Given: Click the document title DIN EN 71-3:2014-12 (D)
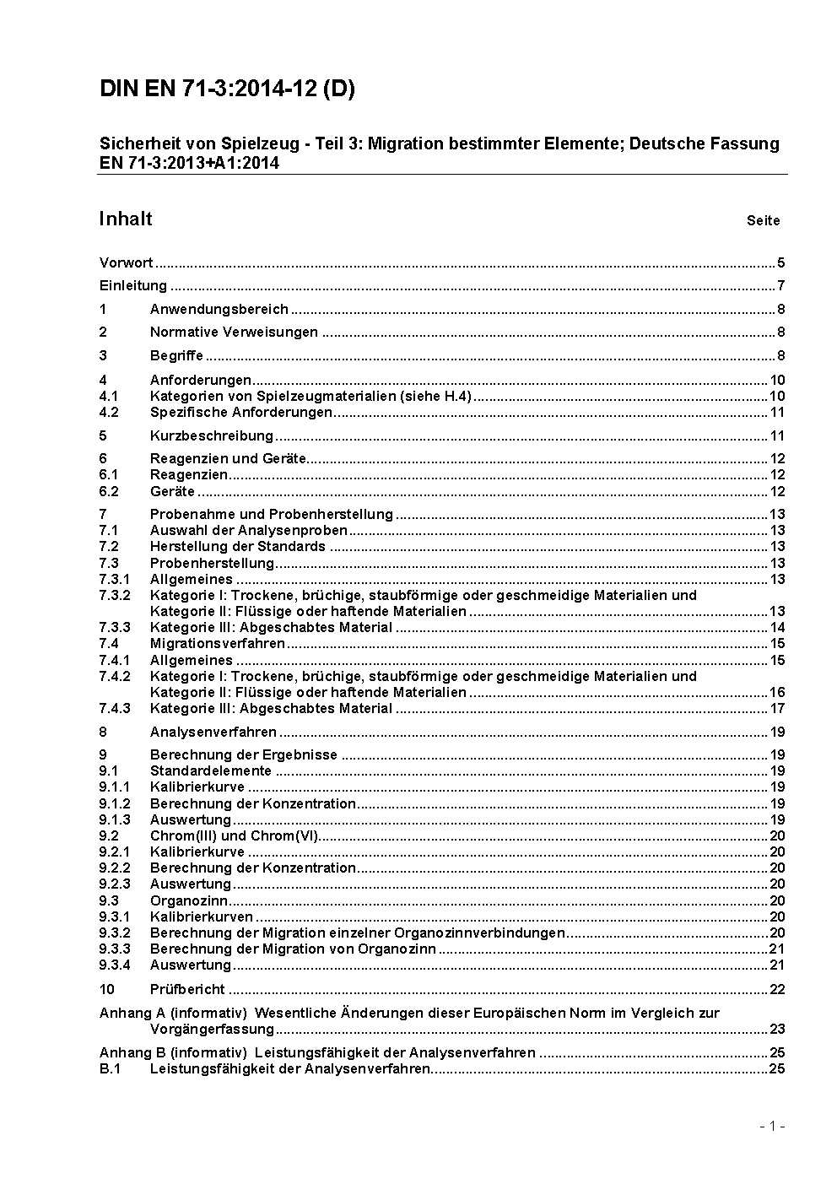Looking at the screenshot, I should pyautogui.click(x=227, y=89).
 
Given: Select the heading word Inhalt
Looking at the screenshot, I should pyautogui.click(x=126, y=219).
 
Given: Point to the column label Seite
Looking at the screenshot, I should pyautogui.click(x=763, y=221).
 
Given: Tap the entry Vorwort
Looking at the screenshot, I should pyautogui.click(x=126, y=262).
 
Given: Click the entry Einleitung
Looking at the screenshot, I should pyautogui.click(x=133, y=285).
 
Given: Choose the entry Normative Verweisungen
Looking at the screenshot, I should pyautogui.click(x=234, y=332).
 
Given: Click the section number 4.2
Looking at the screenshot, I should pyautogui.click(x=109, y=412).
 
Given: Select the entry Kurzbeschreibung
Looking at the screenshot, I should pyautogui.click(x=212, y=435).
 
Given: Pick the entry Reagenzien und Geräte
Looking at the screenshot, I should pyautogui.click(x=228, y=458).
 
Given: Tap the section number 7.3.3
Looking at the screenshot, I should pyautogui.click(x=115, y=627).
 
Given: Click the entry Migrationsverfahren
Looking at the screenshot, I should pyautogui.click(x=218, y=643).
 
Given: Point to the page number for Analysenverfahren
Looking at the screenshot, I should pyautogui.click(x=777, y=732).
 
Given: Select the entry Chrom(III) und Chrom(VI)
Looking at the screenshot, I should pyautogui.click(x=234, y=835).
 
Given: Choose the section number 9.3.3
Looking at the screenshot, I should pyautogui.click(x=115, y=949).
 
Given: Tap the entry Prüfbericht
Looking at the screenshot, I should pyautogui.click(x=187, y=988).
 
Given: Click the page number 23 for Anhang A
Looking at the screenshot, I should pyautogui.click(x=777, y=1029).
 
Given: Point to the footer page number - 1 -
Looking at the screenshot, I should pyautogui.click(x=772, y=1126).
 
